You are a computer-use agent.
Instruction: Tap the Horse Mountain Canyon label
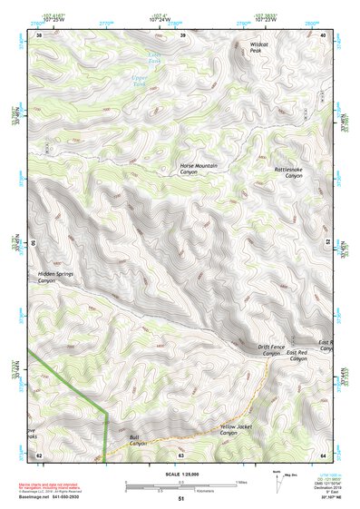coord(200,169)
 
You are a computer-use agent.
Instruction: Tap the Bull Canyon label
coord(137,440)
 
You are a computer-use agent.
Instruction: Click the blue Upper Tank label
coord(140,79)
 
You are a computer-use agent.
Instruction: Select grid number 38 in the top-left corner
coord(39,35)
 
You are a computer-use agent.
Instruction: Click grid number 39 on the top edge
coord(182,35)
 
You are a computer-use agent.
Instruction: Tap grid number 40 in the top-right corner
coord(324,35)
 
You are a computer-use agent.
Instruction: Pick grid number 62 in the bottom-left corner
coord(39,455)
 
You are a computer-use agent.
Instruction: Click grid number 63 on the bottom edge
coord(181,455)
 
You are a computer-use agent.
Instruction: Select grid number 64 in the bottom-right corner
coord(324,455)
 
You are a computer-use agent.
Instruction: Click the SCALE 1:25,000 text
coord(180,474)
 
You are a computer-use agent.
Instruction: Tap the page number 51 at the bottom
coord(181,499)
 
